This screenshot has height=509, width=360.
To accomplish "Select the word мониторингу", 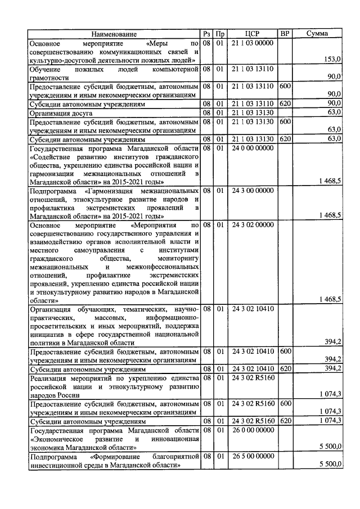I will pos(178,258).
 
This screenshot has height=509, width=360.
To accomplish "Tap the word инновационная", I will pos(175,438).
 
